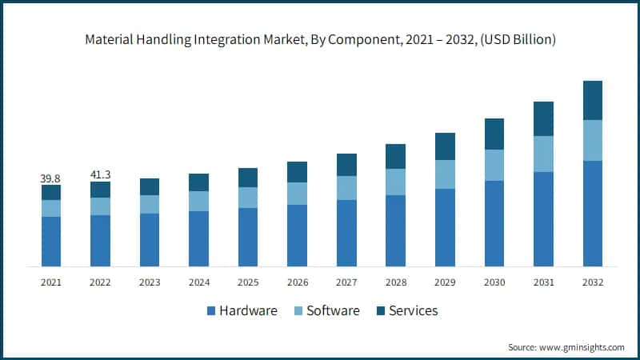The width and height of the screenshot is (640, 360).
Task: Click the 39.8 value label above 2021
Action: pyautogui.click(x=50, y=178)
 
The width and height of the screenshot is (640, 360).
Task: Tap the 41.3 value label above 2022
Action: pyautogui.click(x=100, y=174)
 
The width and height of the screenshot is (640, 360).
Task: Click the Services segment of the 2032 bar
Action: pyautogui.click(x=593, y=100)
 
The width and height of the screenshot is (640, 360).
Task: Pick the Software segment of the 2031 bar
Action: pyautogui.click(x=543, y=154)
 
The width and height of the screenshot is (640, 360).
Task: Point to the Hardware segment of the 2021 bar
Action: pyautogui.click(x=51, y=241)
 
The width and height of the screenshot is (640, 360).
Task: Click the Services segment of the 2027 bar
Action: pyautogui.click(x=346, y=165)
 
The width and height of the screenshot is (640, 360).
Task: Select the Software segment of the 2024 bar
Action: pyautogui.click(x=198, y=201)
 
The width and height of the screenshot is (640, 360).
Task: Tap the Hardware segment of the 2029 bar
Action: pyautogui.click(x=445, y=227)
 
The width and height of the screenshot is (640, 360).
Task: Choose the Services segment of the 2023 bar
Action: pyautogui.click(x=150, y=186)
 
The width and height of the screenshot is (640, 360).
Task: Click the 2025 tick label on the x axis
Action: pyautogui.click(x=248, y=282)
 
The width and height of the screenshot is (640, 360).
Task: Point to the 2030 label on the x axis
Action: pyautogui.click(x=494, y=282)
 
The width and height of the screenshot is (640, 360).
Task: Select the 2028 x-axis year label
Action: pyautogui.click(x=396, y=282)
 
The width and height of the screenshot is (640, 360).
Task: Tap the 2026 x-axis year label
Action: pyautogui.click(x=297, y=282)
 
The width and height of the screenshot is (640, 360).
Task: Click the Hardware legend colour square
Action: pyautogui.click(x=211, y=310)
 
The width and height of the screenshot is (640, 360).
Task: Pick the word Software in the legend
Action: pyautogui.click(x=333, y=310)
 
